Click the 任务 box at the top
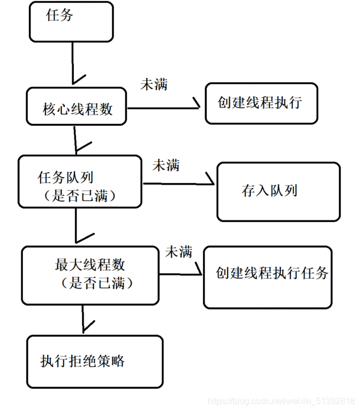point(71,22)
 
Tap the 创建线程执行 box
point(261,103)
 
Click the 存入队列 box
point(279,191)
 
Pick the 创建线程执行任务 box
point(268,276)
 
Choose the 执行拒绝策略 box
point(94,361)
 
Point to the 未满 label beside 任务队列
point(166,165)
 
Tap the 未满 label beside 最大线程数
point(179,251)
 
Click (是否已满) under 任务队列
point(80,195)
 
